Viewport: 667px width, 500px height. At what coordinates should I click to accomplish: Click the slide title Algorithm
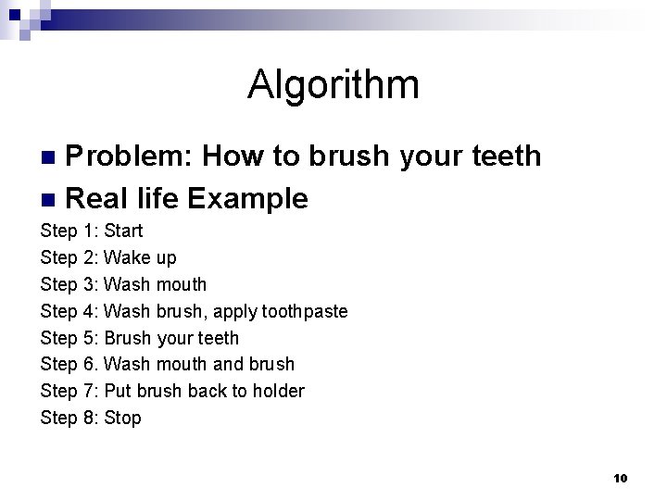click(x=333, y=85)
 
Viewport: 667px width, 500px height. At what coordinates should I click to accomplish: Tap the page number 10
click(x=621, y=479)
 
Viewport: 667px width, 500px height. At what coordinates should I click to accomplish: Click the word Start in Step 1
click(x=123, y=231)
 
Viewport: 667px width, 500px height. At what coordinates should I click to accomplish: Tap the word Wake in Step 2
click(x=125, y=257)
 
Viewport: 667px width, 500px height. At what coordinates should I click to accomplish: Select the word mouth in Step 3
click(x=181, y=284)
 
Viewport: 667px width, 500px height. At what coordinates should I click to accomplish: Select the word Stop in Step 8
click(x=122, y=418)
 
